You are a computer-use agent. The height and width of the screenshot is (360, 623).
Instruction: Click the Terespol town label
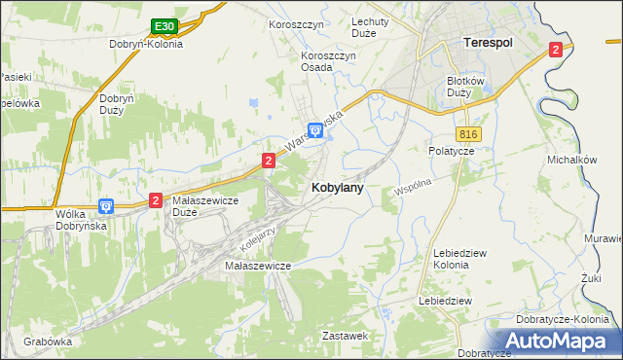click(487, 43)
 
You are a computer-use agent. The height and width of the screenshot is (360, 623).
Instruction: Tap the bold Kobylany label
click(338, 189)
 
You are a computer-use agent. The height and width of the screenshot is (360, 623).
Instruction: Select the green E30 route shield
click(164, 26)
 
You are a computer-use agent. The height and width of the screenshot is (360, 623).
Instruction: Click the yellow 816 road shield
click(469, 133)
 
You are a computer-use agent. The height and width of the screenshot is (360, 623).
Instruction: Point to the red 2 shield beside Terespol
click(555, 49)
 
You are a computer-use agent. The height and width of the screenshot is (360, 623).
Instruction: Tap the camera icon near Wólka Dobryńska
click(107, 206)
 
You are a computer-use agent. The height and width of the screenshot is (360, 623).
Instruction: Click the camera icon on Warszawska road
click(314, 129)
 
